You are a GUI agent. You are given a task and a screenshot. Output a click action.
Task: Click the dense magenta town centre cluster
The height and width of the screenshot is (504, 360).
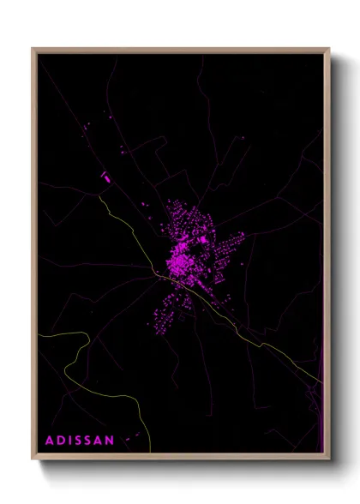coord(181,257)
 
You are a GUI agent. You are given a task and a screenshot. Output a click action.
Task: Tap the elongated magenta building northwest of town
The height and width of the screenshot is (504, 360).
coord(105,177)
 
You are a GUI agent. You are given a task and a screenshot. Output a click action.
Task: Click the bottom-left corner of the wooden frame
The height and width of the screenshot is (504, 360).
coord(33,459)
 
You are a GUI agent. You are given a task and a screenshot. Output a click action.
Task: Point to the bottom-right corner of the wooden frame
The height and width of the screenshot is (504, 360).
coord(329,459)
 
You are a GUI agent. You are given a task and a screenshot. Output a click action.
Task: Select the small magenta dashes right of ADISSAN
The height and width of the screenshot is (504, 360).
coord(131,440)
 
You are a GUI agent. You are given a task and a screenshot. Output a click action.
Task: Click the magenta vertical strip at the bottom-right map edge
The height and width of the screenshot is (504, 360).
coord(319,420)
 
